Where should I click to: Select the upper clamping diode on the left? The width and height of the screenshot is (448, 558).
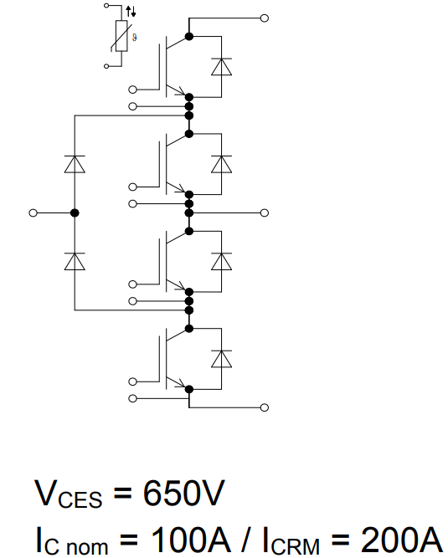[75, 164]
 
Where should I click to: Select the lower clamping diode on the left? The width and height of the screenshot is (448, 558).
[75, 261]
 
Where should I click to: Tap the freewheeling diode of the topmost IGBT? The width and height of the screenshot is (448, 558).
[221, 67]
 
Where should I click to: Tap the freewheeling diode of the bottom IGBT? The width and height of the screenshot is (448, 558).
[221, 358]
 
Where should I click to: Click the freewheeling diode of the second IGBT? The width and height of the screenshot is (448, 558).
[221, 164]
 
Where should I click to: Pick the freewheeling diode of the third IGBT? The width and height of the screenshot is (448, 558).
[221, 261]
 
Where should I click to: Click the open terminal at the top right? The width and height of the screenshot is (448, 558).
[265, 18]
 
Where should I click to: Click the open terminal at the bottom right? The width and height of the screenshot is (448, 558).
[265, 407]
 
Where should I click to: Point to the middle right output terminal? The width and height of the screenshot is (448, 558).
[265, 213]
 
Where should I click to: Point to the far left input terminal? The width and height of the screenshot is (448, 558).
[33, 213]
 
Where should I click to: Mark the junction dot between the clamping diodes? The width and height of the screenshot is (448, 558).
[75, 213]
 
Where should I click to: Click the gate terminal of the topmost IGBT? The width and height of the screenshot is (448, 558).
[132, 89]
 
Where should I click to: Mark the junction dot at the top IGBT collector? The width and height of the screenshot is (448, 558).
[189, 37]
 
